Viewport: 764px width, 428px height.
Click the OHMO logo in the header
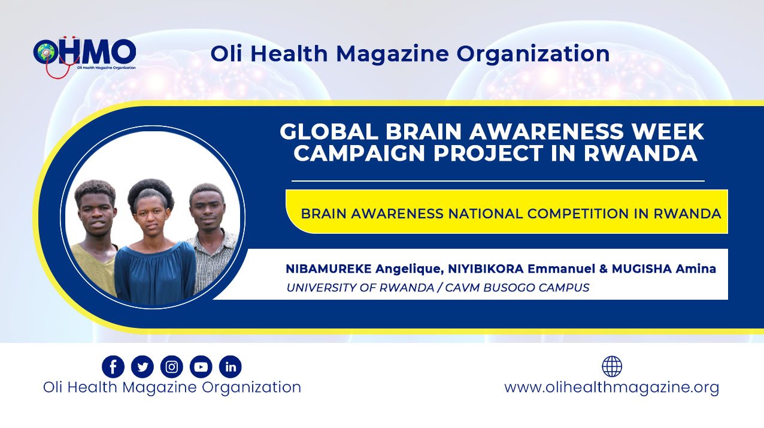pos(84,56)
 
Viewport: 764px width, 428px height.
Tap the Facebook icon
pos(113,367)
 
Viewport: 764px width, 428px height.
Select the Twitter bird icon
pos(143,367)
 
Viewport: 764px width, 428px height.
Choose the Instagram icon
pos(172,367)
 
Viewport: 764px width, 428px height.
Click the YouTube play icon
pos(201,367)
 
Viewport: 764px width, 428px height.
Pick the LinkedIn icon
pos(231,367)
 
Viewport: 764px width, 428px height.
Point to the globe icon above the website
pos(612,366)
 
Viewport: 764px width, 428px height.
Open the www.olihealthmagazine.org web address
pos(611,388)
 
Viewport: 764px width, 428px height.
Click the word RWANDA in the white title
pos(641,153)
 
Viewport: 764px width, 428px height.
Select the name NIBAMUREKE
pos(329,269)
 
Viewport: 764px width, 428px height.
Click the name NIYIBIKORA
pos(486,269)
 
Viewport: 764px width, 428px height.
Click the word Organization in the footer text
pos(251,388)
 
